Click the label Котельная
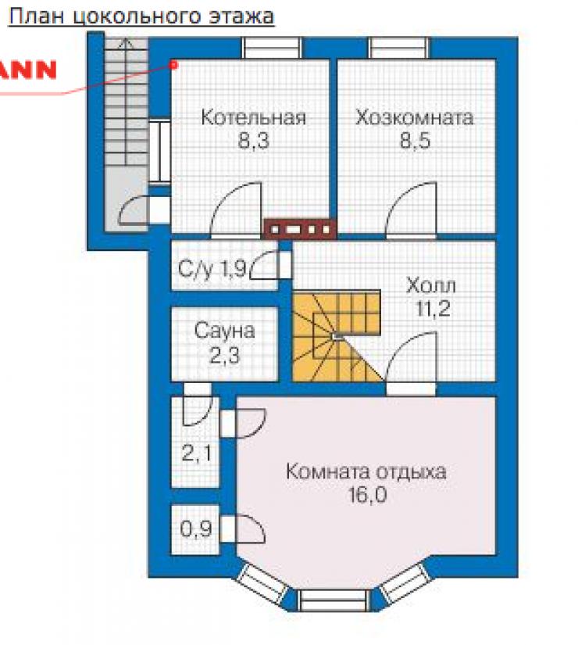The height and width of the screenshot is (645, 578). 254,117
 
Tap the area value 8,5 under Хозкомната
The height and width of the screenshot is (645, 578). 416,140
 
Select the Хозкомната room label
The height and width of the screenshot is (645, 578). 415,117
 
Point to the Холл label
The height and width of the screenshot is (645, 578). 431,285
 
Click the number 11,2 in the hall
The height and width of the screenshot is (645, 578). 433,309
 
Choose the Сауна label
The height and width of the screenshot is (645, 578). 224,331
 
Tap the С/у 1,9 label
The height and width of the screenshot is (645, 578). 212,270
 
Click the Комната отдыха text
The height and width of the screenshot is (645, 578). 366,471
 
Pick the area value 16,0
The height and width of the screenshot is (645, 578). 368,494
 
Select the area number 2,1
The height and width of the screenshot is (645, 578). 197,453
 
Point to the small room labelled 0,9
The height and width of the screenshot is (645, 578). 196,529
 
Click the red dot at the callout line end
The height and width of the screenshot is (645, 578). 174,65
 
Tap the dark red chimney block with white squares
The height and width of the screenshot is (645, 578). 300,229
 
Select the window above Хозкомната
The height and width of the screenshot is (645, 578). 399,48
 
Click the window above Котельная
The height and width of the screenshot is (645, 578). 271,48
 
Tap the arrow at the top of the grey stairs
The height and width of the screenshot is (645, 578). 126,43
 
